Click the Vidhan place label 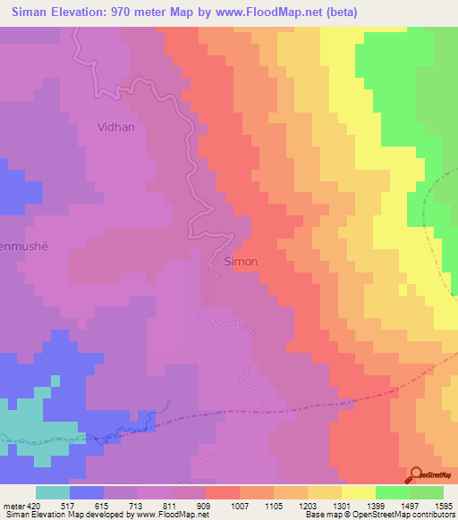click(116, 127)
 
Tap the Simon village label click(239, 262)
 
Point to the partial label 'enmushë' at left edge click(17, 244)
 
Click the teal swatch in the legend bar click(53, 492)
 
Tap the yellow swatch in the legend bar click(358, 492)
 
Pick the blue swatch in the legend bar click(87, 492)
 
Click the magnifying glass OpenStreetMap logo click(416, 475)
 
